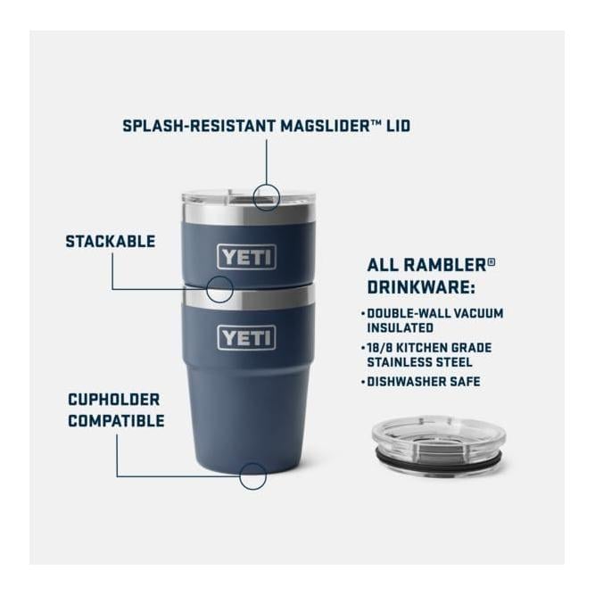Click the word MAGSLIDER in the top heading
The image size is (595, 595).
click(326, 126)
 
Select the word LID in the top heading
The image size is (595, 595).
click(398, 126)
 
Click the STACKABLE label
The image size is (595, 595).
click(111, 242)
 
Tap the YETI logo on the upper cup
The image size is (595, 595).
click(247, 258)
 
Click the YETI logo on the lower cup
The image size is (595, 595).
click(247, 338)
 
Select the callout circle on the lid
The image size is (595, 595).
click(267, 195)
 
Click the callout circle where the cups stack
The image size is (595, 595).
click(219, 288)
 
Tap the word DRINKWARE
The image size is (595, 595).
click(419, 288)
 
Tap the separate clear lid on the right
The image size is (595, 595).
click(437, 434)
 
